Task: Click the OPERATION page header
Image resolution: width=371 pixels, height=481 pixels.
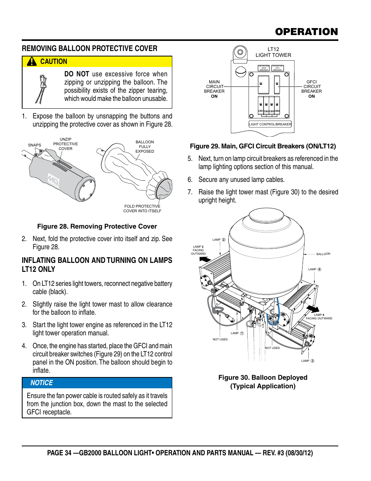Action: [x=306, y=32]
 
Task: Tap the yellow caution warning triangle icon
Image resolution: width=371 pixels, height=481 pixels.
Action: [x=32, y=62]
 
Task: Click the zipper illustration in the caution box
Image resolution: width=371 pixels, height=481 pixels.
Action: [x=42, y=89]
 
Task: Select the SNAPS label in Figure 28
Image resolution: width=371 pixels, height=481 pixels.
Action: [x=35, y=145]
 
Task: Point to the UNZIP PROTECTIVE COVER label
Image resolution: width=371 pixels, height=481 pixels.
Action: [x=65, y=144]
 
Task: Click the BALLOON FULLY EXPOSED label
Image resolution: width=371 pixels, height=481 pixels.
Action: [x=145, y=146]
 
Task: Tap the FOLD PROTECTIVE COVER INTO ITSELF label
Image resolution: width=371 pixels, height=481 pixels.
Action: [x=142, y=208]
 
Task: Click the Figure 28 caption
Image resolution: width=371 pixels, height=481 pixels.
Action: [x=97, y=226]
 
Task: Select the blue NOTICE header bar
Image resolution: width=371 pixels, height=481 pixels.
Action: [x=97, y=383]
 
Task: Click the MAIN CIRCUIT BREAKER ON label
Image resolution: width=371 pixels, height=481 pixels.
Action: [x=214, y=89]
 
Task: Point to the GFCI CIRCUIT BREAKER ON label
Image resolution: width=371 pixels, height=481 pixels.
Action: [x=311, y=89]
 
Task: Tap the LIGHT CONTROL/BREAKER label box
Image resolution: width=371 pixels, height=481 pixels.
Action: [x=270, y=124]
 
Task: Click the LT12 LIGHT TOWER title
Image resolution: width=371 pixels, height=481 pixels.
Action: [x=273, y=52]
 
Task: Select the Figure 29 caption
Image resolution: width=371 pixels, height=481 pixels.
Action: [x=263, y=146]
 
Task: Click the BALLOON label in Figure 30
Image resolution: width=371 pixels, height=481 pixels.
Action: [x=323, y=254]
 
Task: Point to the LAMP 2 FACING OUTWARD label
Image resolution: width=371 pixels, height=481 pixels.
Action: [x=198, y=250]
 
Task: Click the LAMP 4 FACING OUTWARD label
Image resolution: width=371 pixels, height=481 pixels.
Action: [x=319, y=317]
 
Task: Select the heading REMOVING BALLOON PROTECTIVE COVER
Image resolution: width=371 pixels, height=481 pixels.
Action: [x=89, y=48]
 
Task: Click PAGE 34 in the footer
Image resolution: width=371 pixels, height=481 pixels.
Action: [x=59, y=453]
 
